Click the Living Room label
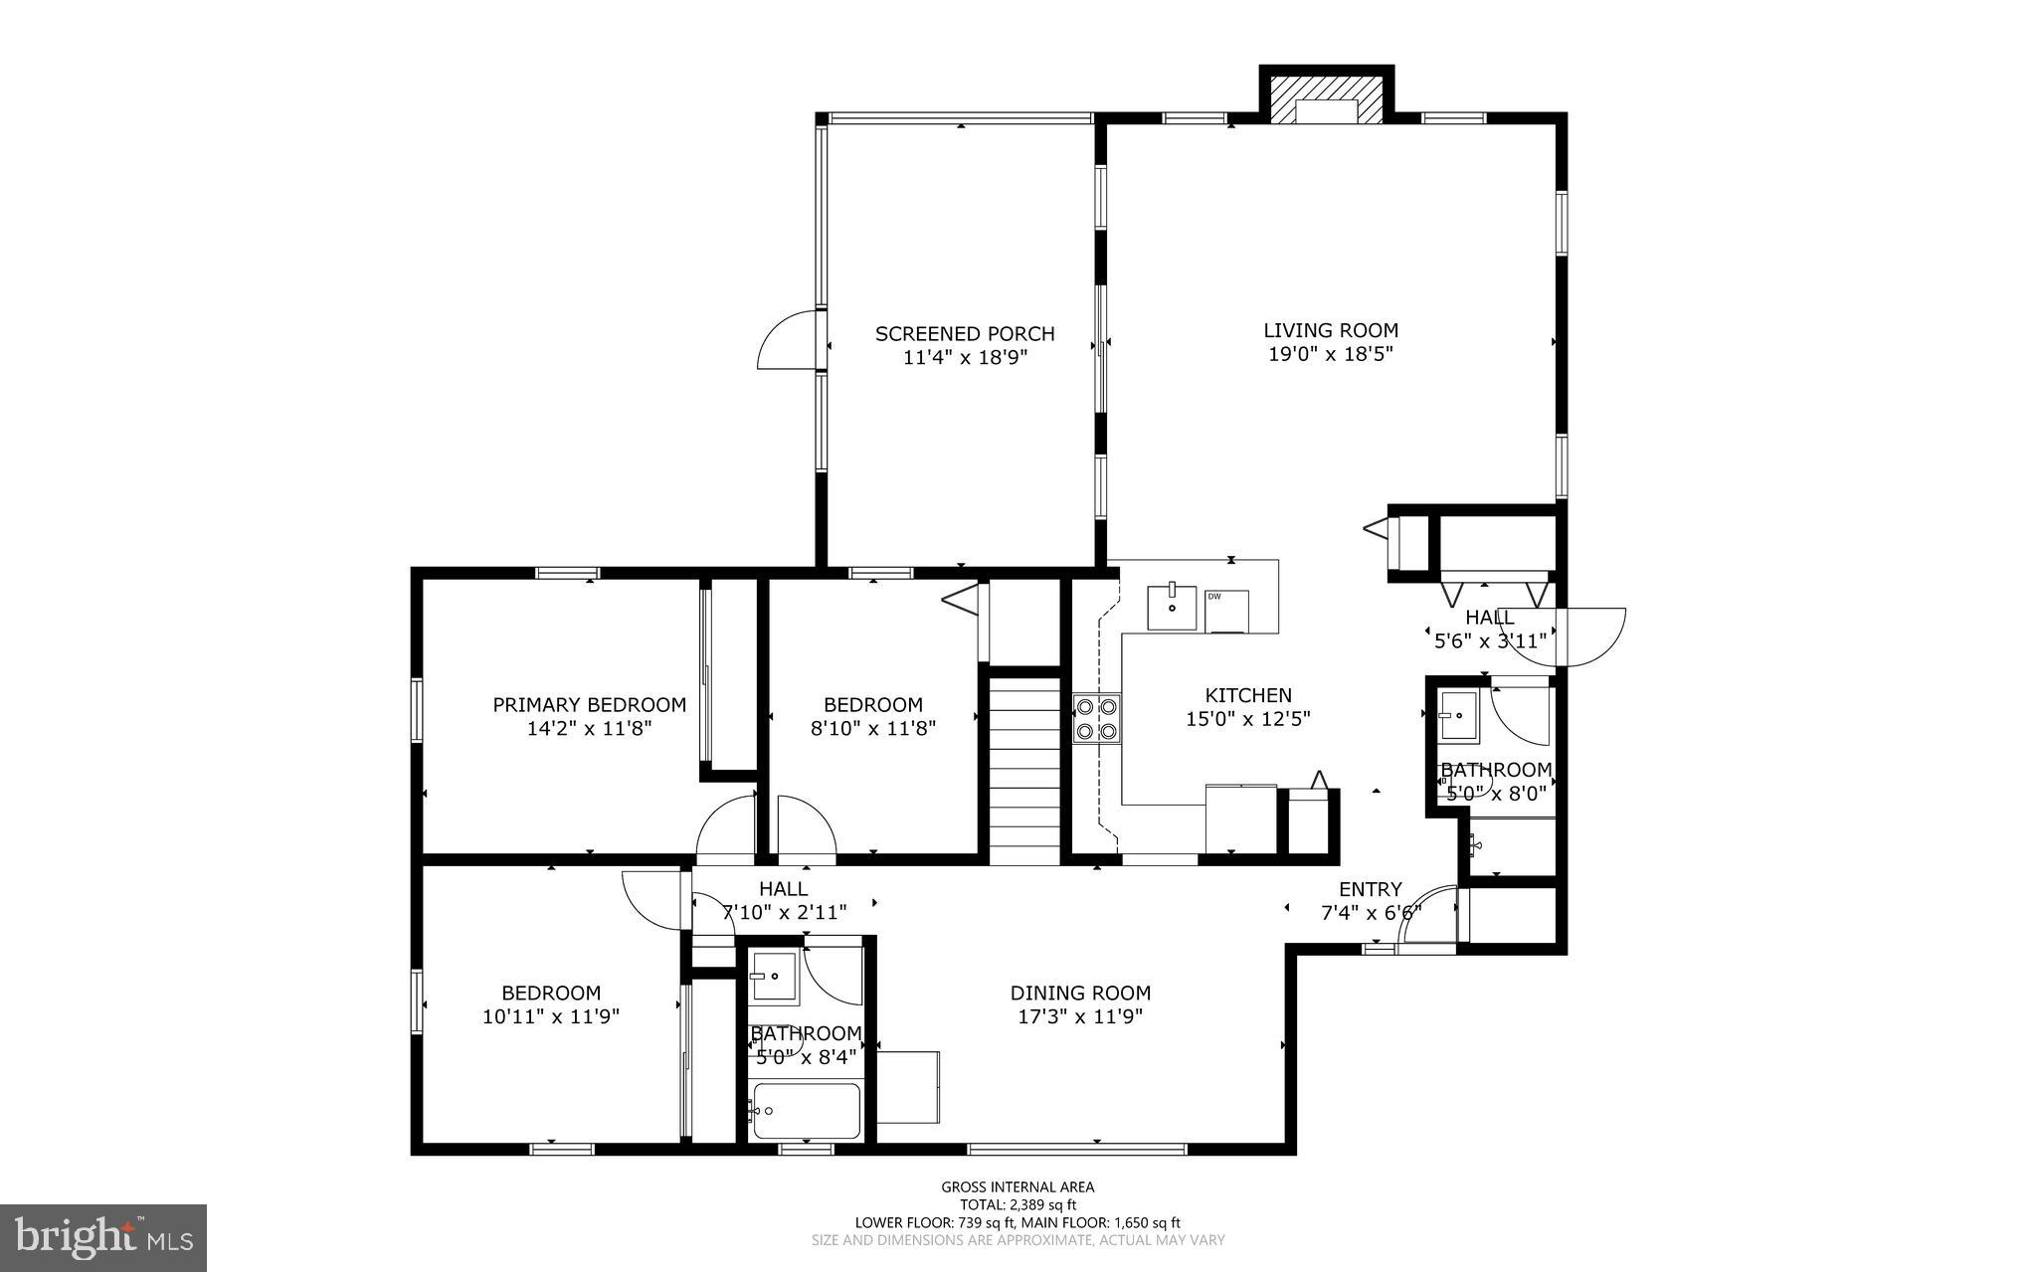(x=1331, y=330)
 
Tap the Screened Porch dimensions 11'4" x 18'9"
(x=965, y=358)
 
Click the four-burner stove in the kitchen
(x=1096, y=718)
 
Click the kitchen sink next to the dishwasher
(x=1172, y=608)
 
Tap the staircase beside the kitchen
(x=1025, y=764)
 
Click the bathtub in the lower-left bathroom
(x=806, y=1111)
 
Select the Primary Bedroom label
(x=589, y=705)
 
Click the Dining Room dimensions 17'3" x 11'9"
(x=1080, y=1016)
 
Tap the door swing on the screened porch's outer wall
(x=786, y=340)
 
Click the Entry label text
(x=1370, y=889)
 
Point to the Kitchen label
(x=1248, y=695)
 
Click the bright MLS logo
(x=103, y=1236)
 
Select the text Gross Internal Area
(x=1018, y=1186)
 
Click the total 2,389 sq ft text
(x=1018, y=1204)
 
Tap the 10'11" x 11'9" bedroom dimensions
(x=551, y=1016)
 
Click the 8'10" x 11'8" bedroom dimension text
(x=873, y=728)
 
